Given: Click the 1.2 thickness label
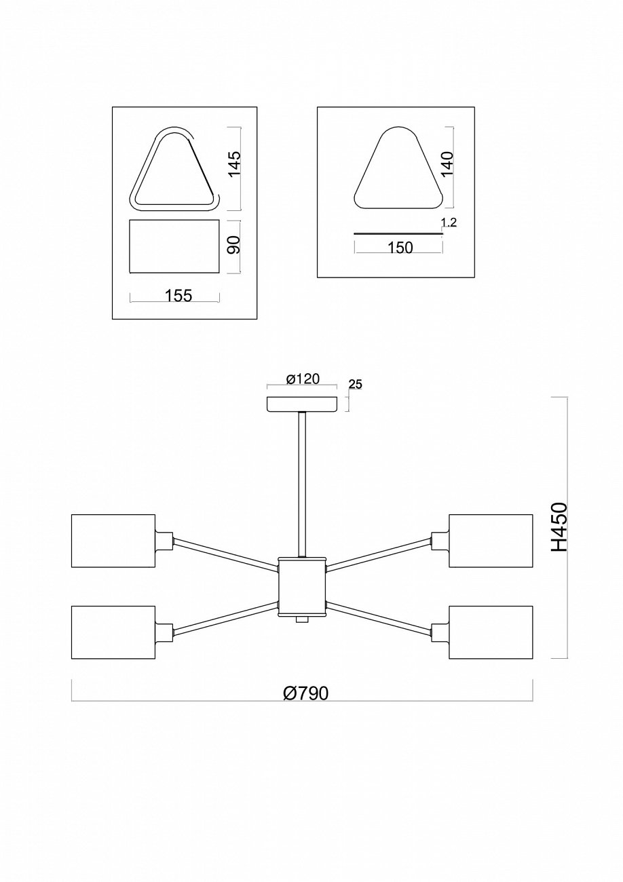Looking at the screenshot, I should [448, 223].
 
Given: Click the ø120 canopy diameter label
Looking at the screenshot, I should [303, 379].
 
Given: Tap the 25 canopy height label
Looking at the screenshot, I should [355, 385].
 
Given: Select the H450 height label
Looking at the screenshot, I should [559, 526].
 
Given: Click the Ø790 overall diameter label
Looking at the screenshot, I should [305, 693].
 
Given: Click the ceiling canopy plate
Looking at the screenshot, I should [302, 404].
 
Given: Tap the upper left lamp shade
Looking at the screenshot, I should [113, 541].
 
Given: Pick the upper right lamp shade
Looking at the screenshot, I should [491, 541].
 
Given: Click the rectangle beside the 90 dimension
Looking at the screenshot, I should [174, 246].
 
